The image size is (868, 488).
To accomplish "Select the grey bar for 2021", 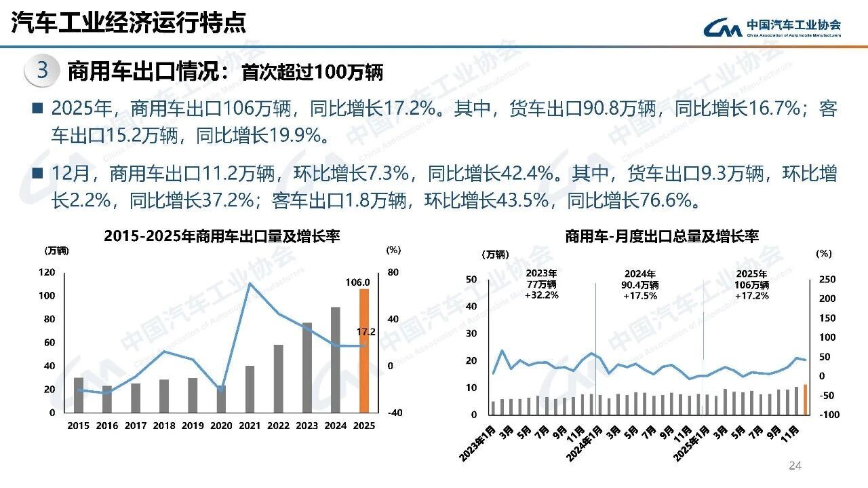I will click(x=250, y=389).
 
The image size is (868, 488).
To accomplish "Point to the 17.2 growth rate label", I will click(x=366, y=332).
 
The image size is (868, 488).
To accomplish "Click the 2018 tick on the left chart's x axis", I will click(x=164, y=426).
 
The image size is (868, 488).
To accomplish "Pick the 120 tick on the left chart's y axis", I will click(x=47, y=272).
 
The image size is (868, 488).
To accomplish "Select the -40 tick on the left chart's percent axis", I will click(x=395, y=413).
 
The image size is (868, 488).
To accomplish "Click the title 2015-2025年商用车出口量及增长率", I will click(x=222, y=236).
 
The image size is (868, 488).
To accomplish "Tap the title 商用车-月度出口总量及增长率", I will click(x=661, y=236).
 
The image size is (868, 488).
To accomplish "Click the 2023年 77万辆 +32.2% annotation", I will click(x=541, y=284).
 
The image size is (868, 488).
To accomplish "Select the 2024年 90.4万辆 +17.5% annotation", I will click(x=640, y=284).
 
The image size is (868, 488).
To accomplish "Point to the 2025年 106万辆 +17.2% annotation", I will click(x=752, y=284).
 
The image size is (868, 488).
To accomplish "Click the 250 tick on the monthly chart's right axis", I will click(x=828, y=280).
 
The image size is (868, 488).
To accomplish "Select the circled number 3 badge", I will click(x=41, y=71).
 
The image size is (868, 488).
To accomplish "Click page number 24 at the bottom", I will click(x=795, y=466).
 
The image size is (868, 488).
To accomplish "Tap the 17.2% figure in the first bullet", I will click(x=409, y=109).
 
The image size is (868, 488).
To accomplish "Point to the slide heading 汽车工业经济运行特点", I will click(x=129, y=22).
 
